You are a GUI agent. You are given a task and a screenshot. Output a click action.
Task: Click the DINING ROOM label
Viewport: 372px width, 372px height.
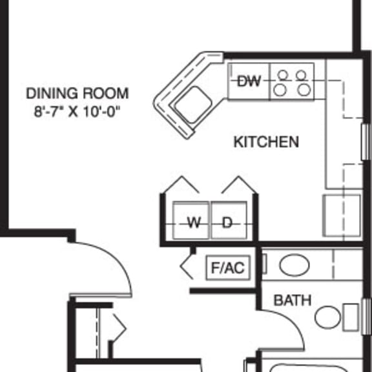(x=77, y=93)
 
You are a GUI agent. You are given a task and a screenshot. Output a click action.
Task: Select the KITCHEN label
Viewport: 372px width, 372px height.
(x=266, y=142)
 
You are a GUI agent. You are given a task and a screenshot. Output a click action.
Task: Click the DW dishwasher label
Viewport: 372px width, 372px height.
(x=249, y=81)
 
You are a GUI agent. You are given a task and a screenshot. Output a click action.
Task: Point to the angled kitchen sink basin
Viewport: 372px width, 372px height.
(x=193, y=105)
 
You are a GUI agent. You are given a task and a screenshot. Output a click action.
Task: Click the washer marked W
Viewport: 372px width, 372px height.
(x=191, y=220)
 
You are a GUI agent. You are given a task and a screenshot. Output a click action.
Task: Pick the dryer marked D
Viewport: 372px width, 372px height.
(x=229, y=220)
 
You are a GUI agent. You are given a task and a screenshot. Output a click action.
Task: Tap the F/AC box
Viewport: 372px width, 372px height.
(x=228, y=267)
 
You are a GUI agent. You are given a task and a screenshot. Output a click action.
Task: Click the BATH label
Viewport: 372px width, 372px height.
(x=293, y=300)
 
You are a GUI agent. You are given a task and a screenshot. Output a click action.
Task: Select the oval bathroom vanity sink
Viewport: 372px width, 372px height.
(x=294, y=265)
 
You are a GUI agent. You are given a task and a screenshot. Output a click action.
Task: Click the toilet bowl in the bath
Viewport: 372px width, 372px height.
(x=327, y=318)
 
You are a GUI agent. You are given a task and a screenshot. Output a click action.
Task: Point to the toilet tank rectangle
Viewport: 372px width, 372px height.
(x=351, y=317)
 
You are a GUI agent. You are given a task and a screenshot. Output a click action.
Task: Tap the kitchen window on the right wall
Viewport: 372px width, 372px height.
(x=366, y=141)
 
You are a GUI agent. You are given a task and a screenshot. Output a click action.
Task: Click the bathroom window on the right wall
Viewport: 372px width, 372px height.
(x=367, y=316)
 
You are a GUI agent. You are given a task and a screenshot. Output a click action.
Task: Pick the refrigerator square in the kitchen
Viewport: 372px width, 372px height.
(x=342, y=216)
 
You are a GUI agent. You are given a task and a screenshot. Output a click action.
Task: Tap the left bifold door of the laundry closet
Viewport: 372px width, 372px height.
(x=181, y=184)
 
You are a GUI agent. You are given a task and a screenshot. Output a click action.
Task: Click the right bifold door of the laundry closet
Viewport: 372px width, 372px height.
(x=239, y=184)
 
